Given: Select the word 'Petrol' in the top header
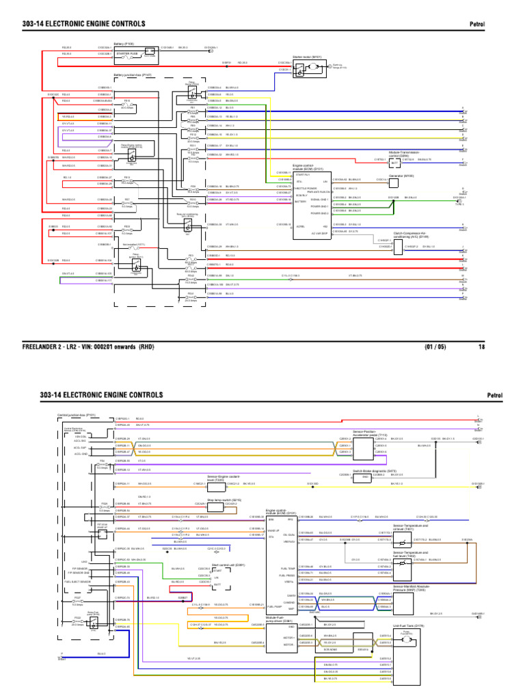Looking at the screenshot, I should tap(476, 25).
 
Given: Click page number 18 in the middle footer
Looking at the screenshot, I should tap(481, 347).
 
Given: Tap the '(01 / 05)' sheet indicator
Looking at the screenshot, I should tap(435, 347).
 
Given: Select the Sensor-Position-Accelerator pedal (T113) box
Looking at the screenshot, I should tap(364, 445).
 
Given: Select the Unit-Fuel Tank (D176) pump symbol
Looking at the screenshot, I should tap(406, 633).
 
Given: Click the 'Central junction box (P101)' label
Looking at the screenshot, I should tap(76, 414).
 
